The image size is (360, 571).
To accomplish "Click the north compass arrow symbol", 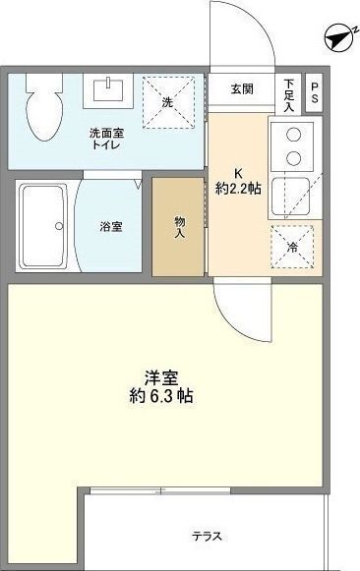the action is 339,39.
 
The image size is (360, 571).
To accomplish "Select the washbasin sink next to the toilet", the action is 108,90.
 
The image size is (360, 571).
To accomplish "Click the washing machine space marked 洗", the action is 168,102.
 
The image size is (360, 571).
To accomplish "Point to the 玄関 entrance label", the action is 242,88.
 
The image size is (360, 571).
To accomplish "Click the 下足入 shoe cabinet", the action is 289,94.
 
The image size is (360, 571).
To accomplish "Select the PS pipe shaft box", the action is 314,92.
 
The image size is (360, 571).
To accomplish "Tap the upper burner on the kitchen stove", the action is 293,135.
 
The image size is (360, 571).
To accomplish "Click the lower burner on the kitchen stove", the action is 293,158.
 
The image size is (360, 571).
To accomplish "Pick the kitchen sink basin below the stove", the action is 291,196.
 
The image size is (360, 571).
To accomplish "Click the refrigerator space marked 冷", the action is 292,247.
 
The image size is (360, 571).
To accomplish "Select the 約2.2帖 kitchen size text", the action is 238,189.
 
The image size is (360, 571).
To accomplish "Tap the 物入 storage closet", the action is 178,226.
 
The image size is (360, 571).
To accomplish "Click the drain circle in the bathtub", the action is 59,226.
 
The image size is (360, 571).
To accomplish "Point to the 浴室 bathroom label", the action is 111,227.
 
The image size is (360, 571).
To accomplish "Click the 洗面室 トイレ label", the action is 106,139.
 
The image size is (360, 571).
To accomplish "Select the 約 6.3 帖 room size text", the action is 161,396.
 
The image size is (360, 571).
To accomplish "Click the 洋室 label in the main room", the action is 161,377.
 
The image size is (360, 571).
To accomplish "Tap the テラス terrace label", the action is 207,536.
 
